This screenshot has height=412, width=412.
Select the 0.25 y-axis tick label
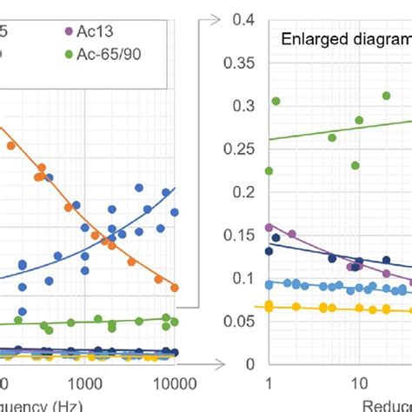coord(239,149)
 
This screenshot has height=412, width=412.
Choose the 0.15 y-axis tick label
coord(239,235)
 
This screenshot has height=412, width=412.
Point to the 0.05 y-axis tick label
coord(239,321)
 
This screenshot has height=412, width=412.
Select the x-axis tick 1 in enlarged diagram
coord(269,382)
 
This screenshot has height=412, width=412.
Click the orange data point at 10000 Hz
coord(175,287)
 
